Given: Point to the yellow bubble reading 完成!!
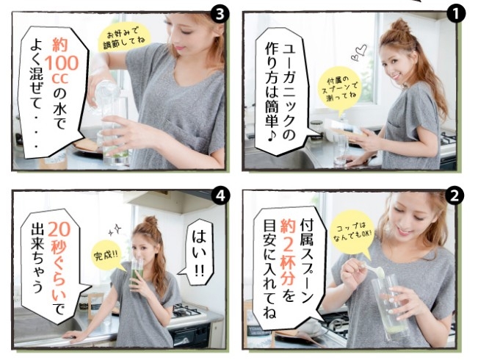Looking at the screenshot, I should pyautogui.click(x=106, y=257).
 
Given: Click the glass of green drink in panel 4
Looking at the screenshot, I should pyautogui.click(x=137, y=270).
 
